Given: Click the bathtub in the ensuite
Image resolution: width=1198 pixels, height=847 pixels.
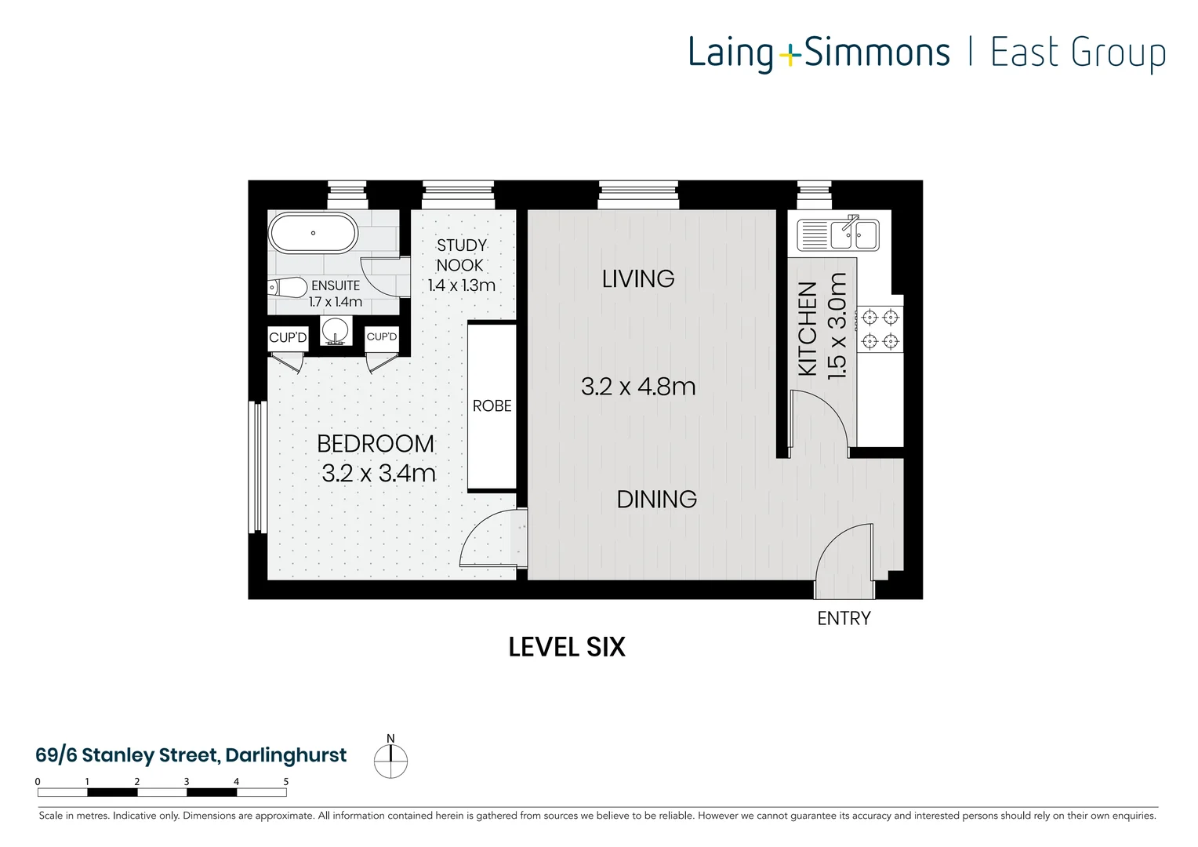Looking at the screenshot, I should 313,233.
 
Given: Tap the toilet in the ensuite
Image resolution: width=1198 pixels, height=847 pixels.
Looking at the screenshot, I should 287,288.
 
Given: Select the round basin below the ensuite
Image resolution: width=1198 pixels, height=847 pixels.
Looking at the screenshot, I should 336,330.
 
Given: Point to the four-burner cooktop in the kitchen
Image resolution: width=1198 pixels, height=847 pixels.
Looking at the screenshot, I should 880,329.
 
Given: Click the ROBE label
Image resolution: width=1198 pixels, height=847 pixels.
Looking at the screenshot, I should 492,406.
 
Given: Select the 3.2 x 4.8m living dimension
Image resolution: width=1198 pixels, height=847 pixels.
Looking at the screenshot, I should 638,387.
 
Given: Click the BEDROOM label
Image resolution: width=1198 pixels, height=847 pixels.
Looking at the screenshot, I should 375,444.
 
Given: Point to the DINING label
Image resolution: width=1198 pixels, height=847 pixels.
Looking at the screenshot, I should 656,500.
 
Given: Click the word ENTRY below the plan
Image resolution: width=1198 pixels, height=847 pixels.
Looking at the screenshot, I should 844,619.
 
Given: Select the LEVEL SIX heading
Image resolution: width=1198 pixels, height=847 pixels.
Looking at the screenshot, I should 567,647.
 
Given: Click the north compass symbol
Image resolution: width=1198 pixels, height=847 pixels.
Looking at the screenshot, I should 390,760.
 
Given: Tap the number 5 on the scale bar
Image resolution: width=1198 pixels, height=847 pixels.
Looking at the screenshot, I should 286,782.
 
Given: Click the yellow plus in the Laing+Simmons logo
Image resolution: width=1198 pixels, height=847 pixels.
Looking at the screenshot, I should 790,55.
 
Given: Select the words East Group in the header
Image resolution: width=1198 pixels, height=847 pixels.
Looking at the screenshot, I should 1078,53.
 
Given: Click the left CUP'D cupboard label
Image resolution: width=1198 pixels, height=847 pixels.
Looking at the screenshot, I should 288,338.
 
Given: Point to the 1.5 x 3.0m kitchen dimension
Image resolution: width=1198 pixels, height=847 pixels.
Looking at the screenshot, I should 837,326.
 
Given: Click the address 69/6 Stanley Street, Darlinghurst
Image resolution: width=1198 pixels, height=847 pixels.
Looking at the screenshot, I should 191,755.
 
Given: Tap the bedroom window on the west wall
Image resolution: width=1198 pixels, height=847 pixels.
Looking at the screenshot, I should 258,467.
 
